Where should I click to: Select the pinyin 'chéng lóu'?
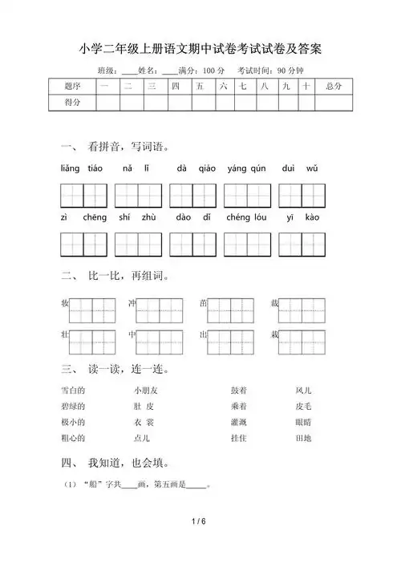coord(247,217)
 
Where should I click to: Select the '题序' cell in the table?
coord(71,85)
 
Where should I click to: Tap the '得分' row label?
coord(71,102)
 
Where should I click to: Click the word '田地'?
coord(304,438)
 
